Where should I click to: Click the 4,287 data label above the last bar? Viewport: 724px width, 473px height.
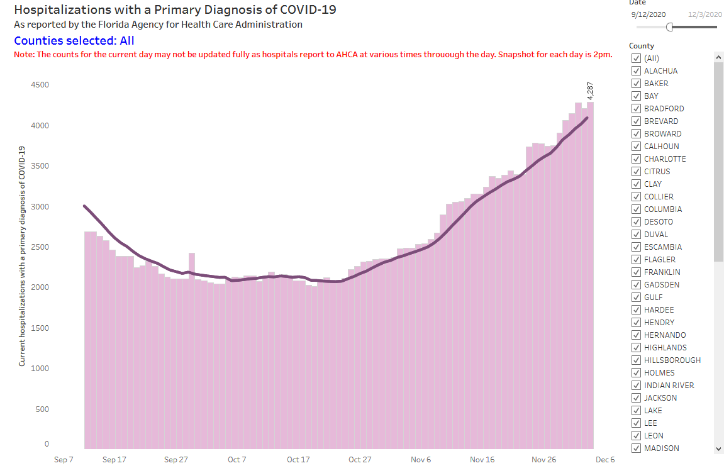pyautogui.click(x=590, y=91)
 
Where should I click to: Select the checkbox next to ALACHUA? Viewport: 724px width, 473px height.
pyautogui.click(x=636, y=71)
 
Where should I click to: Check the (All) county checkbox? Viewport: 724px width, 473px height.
pyautogui.click(x=636, y=58)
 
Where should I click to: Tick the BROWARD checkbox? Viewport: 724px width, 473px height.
pyautogui.click(x=636, y=134)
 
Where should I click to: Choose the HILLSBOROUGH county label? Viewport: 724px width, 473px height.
pyautogui.click(x=672, y=360)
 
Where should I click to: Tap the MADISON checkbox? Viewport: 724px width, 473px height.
pyautogui.click(x=636, y=448)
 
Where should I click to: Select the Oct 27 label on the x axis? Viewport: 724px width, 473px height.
pyautogui.click(x=360, y=460)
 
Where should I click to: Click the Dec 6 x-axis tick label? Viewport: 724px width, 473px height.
pyautogui.click(x=604, y=460)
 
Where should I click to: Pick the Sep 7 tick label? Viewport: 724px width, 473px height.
pyautogui.click(x=64, y=460)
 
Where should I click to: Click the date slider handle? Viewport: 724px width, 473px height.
pyautogui.click(x=670, y=27)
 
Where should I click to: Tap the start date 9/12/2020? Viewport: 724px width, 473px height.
pyautogui.click(x=649, y=14)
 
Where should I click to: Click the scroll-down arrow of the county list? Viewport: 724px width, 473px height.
pyautogui.click(x=719, y=448)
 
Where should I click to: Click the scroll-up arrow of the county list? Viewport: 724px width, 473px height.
pyautogui.click(x=719, y=57)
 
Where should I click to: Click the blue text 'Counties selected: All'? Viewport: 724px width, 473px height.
pyautogui.click(x=74, y=41)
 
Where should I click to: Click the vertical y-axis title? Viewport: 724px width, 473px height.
pyautogui.click(x=22, y=256)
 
